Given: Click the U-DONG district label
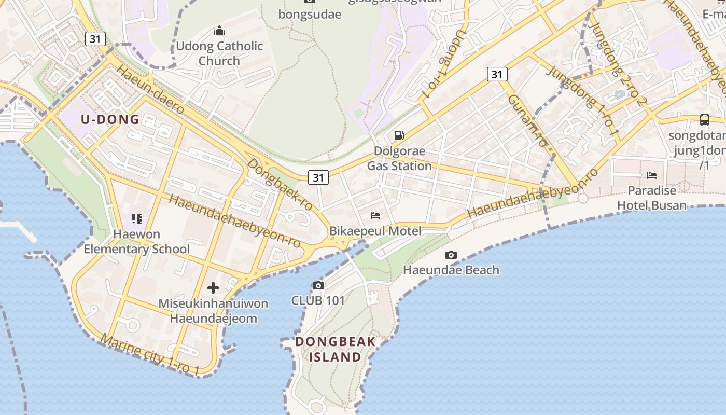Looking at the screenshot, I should point(110,119).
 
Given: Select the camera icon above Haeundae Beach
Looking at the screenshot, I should point(451,255).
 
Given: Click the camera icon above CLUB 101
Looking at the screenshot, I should point(318,285).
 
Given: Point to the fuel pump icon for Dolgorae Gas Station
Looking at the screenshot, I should point(399,135).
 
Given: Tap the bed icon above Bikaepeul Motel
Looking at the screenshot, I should point(375,215).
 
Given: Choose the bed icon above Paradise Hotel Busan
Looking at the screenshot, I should point(652,175).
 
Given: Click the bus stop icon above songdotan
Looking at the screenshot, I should point(704,119).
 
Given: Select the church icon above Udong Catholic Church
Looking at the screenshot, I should point(219,31).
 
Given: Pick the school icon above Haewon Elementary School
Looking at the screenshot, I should point(137,218).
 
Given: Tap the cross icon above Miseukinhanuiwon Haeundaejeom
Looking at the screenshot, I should point(213,288).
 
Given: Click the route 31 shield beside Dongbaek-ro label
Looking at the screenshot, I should point(318,177).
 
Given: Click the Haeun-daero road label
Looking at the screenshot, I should point(150,89).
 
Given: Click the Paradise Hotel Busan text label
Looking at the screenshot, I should point(651,198).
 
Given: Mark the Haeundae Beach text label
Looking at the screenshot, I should point(451,270).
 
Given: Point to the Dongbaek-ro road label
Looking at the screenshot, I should point(280,185).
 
